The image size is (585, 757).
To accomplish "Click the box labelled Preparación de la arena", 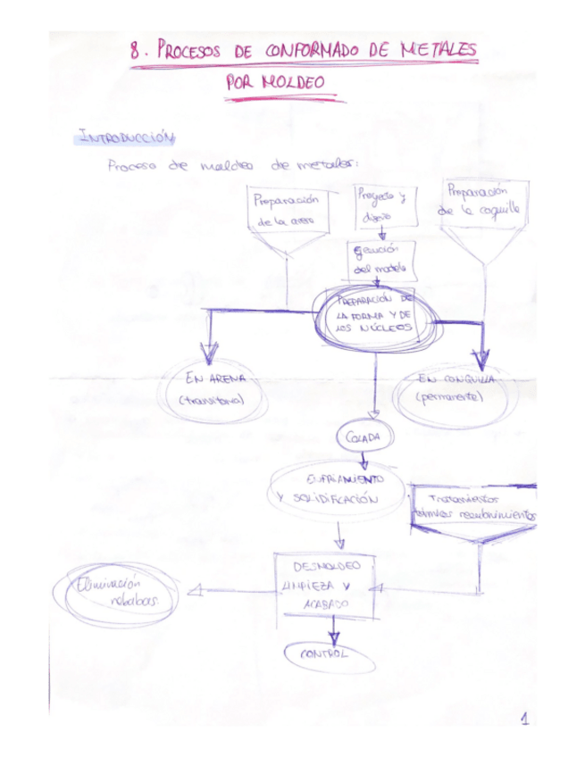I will coord(287,211).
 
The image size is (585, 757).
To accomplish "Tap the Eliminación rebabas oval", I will coord(117,593).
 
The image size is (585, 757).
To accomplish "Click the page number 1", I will coord(525,719).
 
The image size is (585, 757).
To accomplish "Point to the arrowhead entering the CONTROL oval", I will coord(333,637).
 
